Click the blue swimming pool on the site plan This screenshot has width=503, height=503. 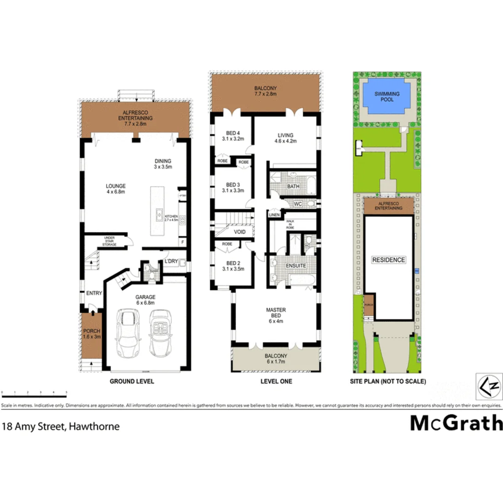click(x=387, y=96)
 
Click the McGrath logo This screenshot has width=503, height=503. click(x=456, y=423)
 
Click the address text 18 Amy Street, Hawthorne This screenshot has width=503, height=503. click(x=61, y=426)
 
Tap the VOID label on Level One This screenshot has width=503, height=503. click(x=239, y=231)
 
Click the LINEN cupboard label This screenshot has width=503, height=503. click(x=274, y=215)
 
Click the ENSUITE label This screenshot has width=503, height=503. click(x=296, y=266)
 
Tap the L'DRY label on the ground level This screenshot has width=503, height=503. click(x=171, y=262)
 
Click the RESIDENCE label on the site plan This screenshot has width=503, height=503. click(x=388, y=260)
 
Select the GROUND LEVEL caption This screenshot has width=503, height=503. click(x=132, y=381)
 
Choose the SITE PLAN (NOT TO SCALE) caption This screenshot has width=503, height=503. click(x=388, y=381)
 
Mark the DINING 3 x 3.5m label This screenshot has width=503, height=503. click(x=163, y=163)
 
